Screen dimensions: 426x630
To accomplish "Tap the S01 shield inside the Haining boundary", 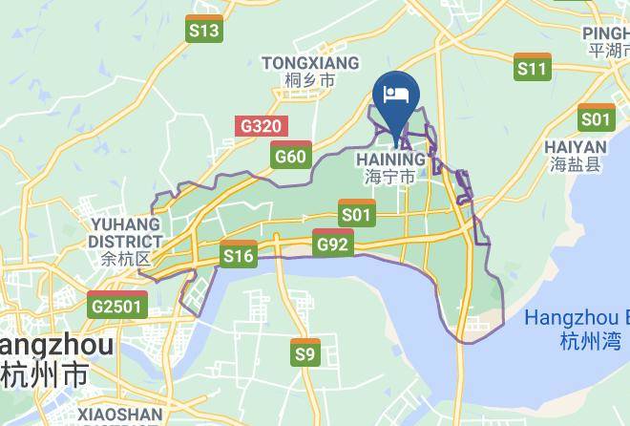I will click(x=356, y=212).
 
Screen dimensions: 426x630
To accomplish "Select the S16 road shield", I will click(x=239, y=254).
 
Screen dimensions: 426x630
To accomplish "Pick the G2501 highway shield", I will click(x=117, y=305).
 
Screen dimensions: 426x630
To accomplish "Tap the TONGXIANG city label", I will click(x=310, y=63).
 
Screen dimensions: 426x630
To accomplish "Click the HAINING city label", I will click(x=390, y=159).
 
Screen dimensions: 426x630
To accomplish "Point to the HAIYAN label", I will click(x=576, y=147).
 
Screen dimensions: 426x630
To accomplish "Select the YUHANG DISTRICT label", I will click(x=125, y=233).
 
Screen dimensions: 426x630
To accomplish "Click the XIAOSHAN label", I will click(x=120, y=415).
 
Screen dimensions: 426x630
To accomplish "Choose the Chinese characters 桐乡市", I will click(x=310, y=82).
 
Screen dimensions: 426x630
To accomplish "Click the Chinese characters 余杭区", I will click(x=125, y=259).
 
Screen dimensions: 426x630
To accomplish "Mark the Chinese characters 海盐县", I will click(x=576, y=165).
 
